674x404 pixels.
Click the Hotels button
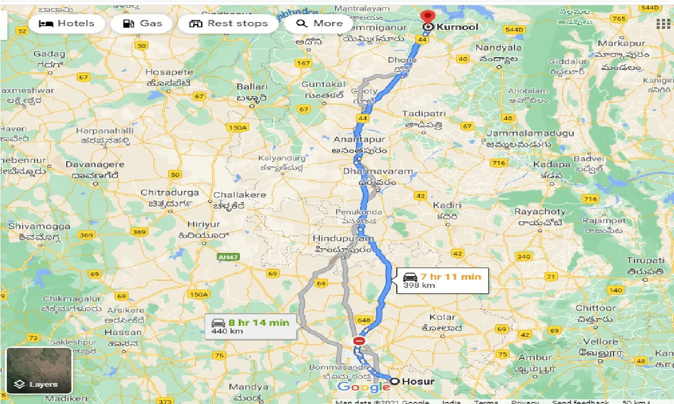pos(66,24)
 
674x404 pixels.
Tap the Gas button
pos(142,24)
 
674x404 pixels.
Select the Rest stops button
pos(228,24)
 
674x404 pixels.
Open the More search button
pos(319,24)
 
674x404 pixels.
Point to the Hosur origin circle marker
pos(394,381)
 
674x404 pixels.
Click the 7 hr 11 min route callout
pos(443,281)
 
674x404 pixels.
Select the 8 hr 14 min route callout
pos(251,326)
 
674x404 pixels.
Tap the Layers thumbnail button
pos(39,370)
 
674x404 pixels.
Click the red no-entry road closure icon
pos(359,341)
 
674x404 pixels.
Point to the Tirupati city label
pos(645,261)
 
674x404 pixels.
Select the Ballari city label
pos(252,87)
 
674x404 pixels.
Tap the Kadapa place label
pos(551,165)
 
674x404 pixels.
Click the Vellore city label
pos(601,342)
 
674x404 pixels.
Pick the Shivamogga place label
pos(39,227)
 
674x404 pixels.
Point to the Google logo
pos(363,388)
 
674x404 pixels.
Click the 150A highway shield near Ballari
pos(238,127)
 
